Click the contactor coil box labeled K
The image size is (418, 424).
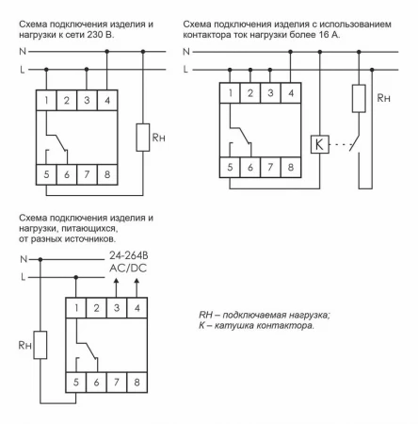[x=317, y=145]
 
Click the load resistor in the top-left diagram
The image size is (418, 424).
[x=144, y=139]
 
